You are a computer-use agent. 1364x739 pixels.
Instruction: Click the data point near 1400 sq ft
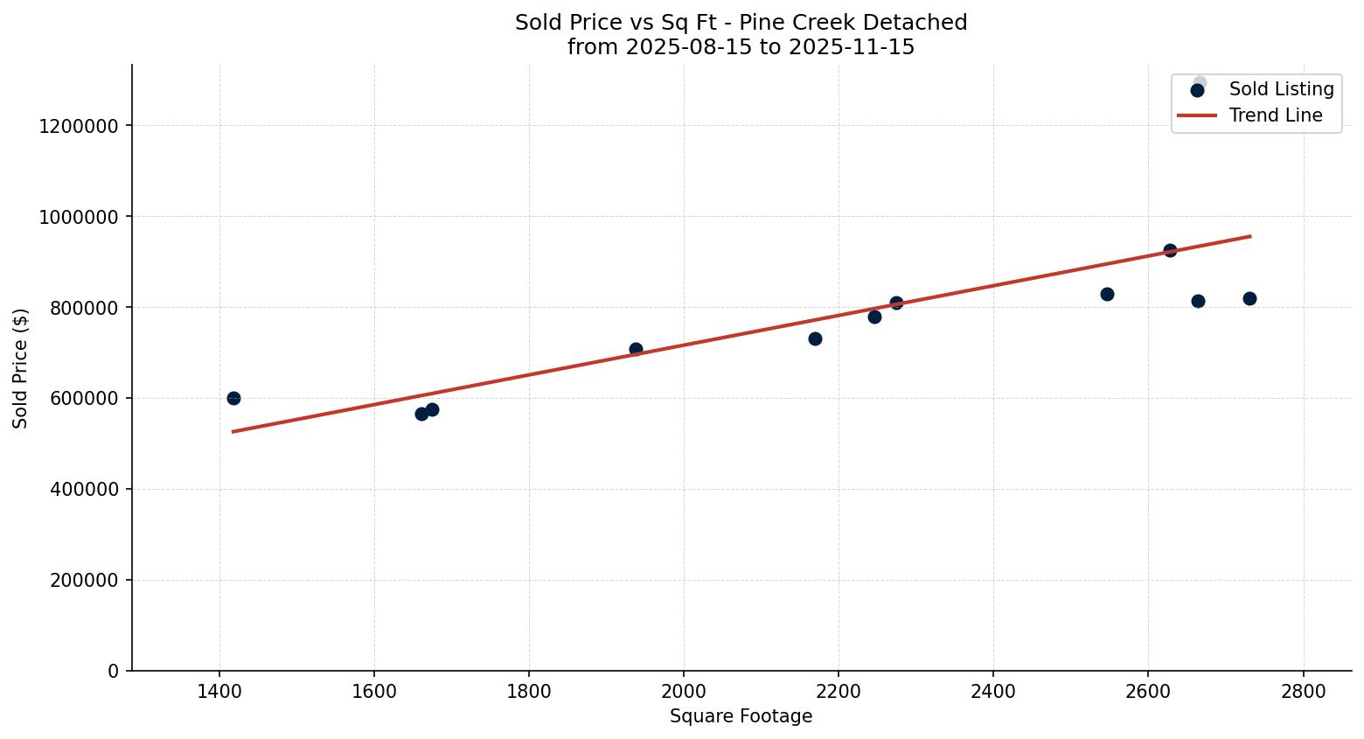(x=233, y=398)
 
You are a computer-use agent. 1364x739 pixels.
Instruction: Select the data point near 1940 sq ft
(x=636, y=349)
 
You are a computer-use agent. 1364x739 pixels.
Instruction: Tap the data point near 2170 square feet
(x=815, y=338)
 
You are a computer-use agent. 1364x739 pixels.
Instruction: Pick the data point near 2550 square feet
(x=1107, y=294)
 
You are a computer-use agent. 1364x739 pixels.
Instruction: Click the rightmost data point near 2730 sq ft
(x=1249, y=298)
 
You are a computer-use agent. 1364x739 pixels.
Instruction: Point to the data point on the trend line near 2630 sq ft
(x=1170, y=250)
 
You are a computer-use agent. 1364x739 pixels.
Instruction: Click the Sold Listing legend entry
(x=1281, y=89)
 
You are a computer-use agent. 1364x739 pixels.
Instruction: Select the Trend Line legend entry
(x=1275, y=115)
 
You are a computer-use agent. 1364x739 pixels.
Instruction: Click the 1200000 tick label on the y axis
(x=79, y=126)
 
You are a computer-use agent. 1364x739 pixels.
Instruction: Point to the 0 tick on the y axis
(x=113, y=672)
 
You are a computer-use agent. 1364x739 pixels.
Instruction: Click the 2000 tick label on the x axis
(x=683, y=691)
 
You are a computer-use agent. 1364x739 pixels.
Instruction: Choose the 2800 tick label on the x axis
(x=1303, y=691)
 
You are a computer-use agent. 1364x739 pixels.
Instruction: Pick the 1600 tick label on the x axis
(x=373, y=691)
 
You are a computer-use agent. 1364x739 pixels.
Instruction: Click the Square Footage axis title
(x=741, y=717)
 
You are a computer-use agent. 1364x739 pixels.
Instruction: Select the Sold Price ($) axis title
(x=21, y=368)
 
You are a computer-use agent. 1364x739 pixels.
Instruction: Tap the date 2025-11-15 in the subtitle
(x=852, y=47)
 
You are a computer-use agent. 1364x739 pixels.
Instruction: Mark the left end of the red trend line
(x=233, y=431)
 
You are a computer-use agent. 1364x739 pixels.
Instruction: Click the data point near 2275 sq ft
(x=896, y=303)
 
